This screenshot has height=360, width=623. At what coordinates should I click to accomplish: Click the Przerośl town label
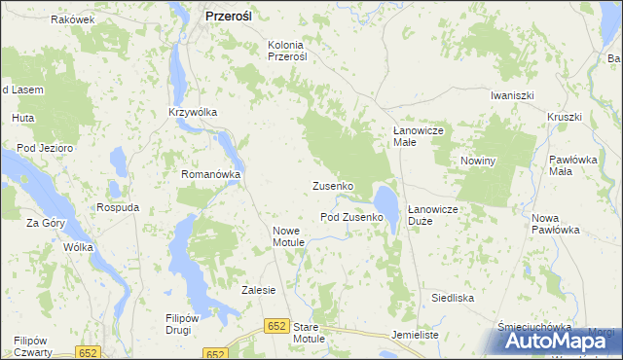pos(230,16)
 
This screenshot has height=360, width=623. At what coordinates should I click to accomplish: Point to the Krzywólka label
pos(192,112)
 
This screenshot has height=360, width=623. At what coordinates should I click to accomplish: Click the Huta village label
pos(22,118)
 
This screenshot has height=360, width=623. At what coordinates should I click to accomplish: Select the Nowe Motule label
pos(290,235)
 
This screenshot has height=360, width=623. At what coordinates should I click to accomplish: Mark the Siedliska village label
pos(454,297)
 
